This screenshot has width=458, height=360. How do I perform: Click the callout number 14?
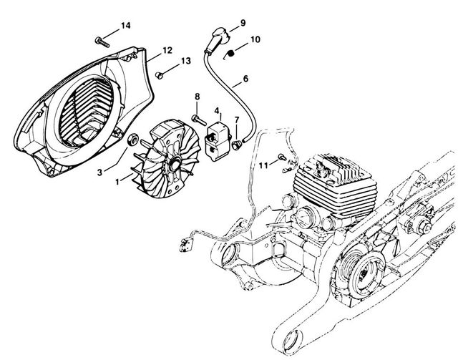[125, 26]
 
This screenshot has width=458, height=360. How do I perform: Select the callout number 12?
[167, 50]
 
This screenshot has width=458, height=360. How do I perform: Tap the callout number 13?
[185, 62]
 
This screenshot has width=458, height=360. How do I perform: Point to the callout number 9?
[243, 23]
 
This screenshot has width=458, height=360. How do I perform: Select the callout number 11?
[264, 165]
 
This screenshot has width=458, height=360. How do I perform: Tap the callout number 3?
[102, 171]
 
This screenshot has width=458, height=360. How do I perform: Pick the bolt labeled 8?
[197, 115]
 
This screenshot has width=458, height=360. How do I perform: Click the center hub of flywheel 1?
[172, 166]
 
